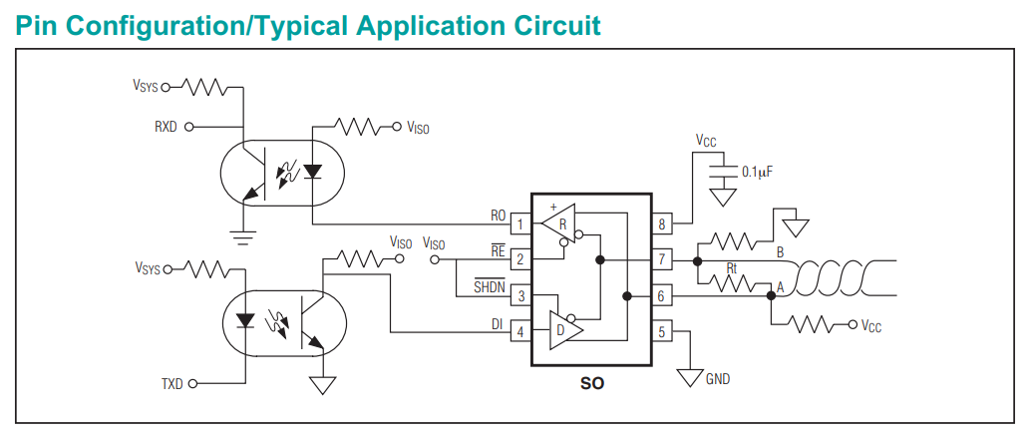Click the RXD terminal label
pyautogui.click(x=166, y=128)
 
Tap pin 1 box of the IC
pyautogui.click(x=519, y=224)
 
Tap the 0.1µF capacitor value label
pyautogui.click(x=758, y=172)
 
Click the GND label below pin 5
pyautogui.click(x=718, y=379)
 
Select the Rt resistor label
pyautogui.click(x=732, y=268)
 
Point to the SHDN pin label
pyautogui.click(x=490, y=288)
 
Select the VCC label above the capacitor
pyautogui.click(x=706, y=142)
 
